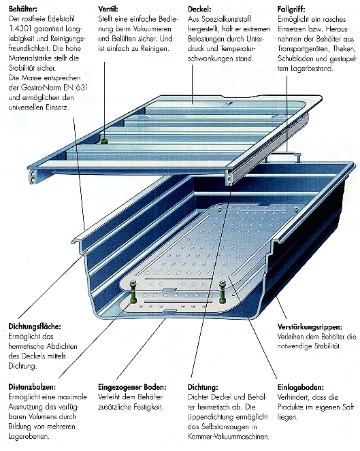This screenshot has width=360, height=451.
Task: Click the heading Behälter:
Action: click(22, 9)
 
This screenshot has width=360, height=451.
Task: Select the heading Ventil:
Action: click(108, 9)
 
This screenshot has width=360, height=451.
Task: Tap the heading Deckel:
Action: click(199, 9)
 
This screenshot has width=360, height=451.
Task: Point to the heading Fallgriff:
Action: click(291, 10)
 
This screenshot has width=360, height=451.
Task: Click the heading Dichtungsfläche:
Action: click(35, 327)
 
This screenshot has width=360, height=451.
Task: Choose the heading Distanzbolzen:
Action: click(32, 387)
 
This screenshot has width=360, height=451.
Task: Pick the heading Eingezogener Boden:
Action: click(132, 388)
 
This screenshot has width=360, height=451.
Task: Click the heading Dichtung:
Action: click(203, 388)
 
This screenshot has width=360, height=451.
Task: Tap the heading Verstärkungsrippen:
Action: click(310, 327)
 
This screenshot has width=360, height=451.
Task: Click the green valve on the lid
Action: click(104, 141)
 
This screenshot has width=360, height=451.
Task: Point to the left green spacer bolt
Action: click(133, 292)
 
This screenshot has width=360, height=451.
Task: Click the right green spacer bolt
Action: click(222, 292)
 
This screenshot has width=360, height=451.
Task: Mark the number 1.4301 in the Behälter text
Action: click(20, 29)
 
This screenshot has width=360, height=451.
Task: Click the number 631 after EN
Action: click(82, 88)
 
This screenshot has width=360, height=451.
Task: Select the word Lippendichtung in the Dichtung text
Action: click(211, 417)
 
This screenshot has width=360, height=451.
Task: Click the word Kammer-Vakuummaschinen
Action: click(229, 437)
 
